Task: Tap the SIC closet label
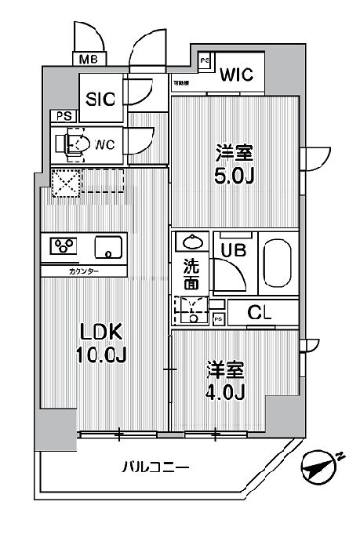[x=100, y=99]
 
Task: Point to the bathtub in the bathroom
[x=278, y=264]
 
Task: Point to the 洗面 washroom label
[x=192, y=274]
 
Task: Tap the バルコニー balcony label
[x=157, y=468]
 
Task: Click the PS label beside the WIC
[x=204, y=60]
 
